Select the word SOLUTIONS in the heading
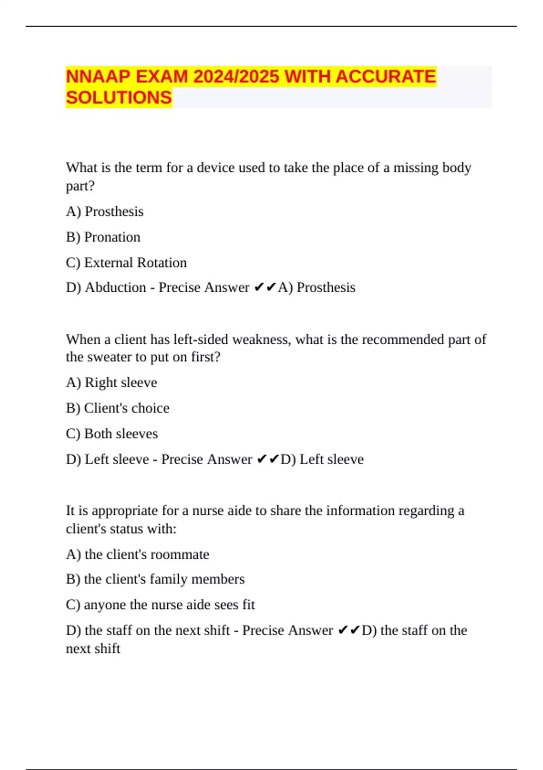(x=119, y=98)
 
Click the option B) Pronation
(x=103, y=237)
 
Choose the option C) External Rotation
(x=126, y=263)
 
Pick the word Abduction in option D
(x=115, y=287)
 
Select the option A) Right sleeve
(x=111, y=382)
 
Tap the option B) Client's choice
(x=118, y=408)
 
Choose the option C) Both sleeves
(x=112, y=433)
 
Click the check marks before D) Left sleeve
(x=267, y=459)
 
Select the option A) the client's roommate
(x=138, y=554)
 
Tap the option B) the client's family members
(x=155, y=579)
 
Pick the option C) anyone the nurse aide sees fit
(x=160, y=604)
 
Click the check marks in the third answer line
(x=349, y=630)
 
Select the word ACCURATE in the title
(x=386, y=77)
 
